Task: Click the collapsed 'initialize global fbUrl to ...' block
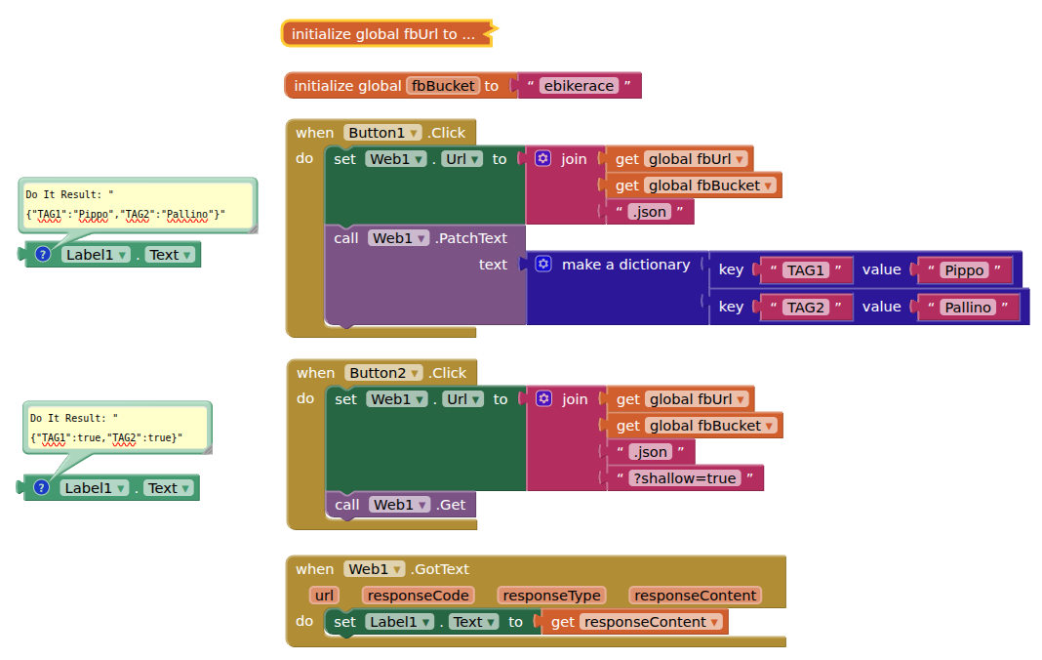coord(383,34)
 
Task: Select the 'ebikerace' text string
coord(579,86)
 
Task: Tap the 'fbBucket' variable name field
coord(443,86)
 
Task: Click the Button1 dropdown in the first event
coord(383,133)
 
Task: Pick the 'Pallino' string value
coord(967,308)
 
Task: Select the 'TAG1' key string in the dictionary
coord(806,270)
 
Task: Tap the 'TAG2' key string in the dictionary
coord(806,308)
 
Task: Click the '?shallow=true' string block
coord(684,478)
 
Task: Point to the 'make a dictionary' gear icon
coord(543,265)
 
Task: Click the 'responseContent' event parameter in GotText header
coord(695,596)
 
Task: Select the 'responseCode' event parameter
coord(418,596)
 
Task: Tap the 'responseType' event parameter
coord(551,596)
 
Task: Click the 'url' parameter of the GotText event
coord(323,596)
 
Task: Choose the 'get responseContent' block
coord(635,622)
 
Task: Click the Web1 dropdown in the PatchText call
coord(399,238)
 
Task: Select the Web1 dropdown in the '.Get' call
coord(399,505)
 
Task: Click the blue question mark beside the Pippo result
coord(42,255)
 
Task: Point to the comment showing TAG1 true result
coord(117,428)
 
